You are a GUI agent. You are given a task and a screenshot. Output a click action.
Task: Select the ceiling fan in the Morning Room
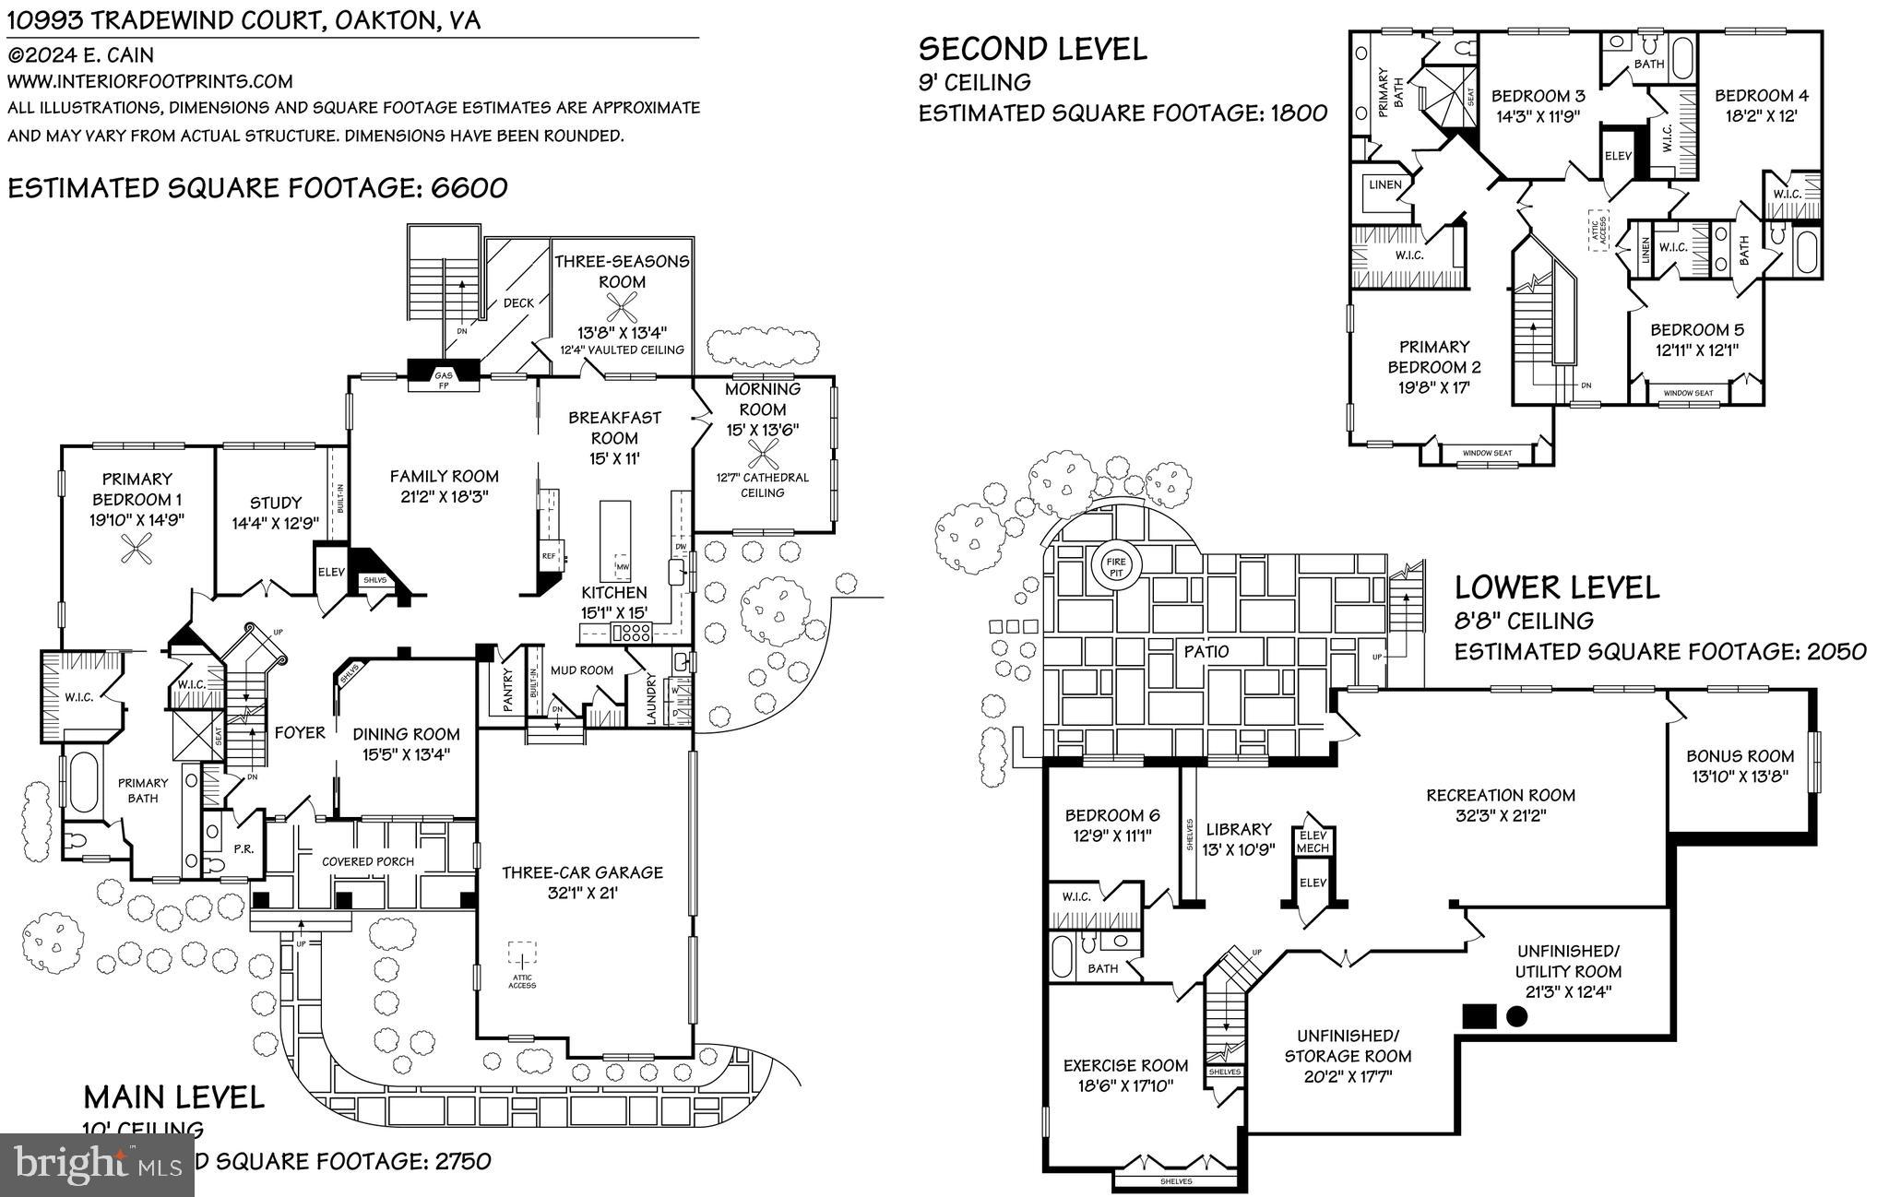763,452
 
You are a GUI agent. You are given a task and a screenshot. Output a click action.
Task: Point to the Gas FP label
444,379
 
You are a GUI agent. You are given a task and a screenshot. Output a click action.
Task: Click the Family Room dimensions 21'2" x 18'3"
444,495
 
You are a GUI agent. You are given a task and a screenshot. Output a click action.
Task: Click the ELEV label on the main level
330,572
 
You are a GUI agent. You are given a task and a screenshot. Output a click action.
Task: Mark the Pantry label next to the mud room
507,692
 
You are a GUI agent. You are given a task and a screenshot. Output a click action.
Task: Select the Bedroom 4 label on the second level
1761,96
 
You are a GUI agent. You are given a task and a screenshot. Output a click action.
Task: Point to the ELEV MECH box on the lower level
1313,841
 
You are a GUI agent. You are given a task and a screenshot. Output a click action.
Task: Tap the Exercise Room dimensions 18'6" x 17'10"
1125,1085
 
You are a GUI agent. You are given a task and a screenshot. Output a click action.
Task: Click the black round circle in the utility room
1516,1017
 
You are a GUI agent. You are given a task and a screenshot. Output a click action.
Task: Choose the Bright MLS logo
97,1164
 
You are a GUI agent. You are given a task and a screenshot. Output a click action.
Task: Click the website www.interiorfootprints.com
150,81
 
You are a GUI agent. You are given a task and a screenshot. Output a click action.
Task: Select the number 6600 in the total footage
468,188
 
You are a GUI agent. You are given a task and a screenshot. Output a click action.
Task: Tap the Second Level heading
1033,48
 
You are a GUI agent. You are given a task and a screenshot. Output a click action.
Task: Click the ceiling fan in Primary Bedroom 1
137,552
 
